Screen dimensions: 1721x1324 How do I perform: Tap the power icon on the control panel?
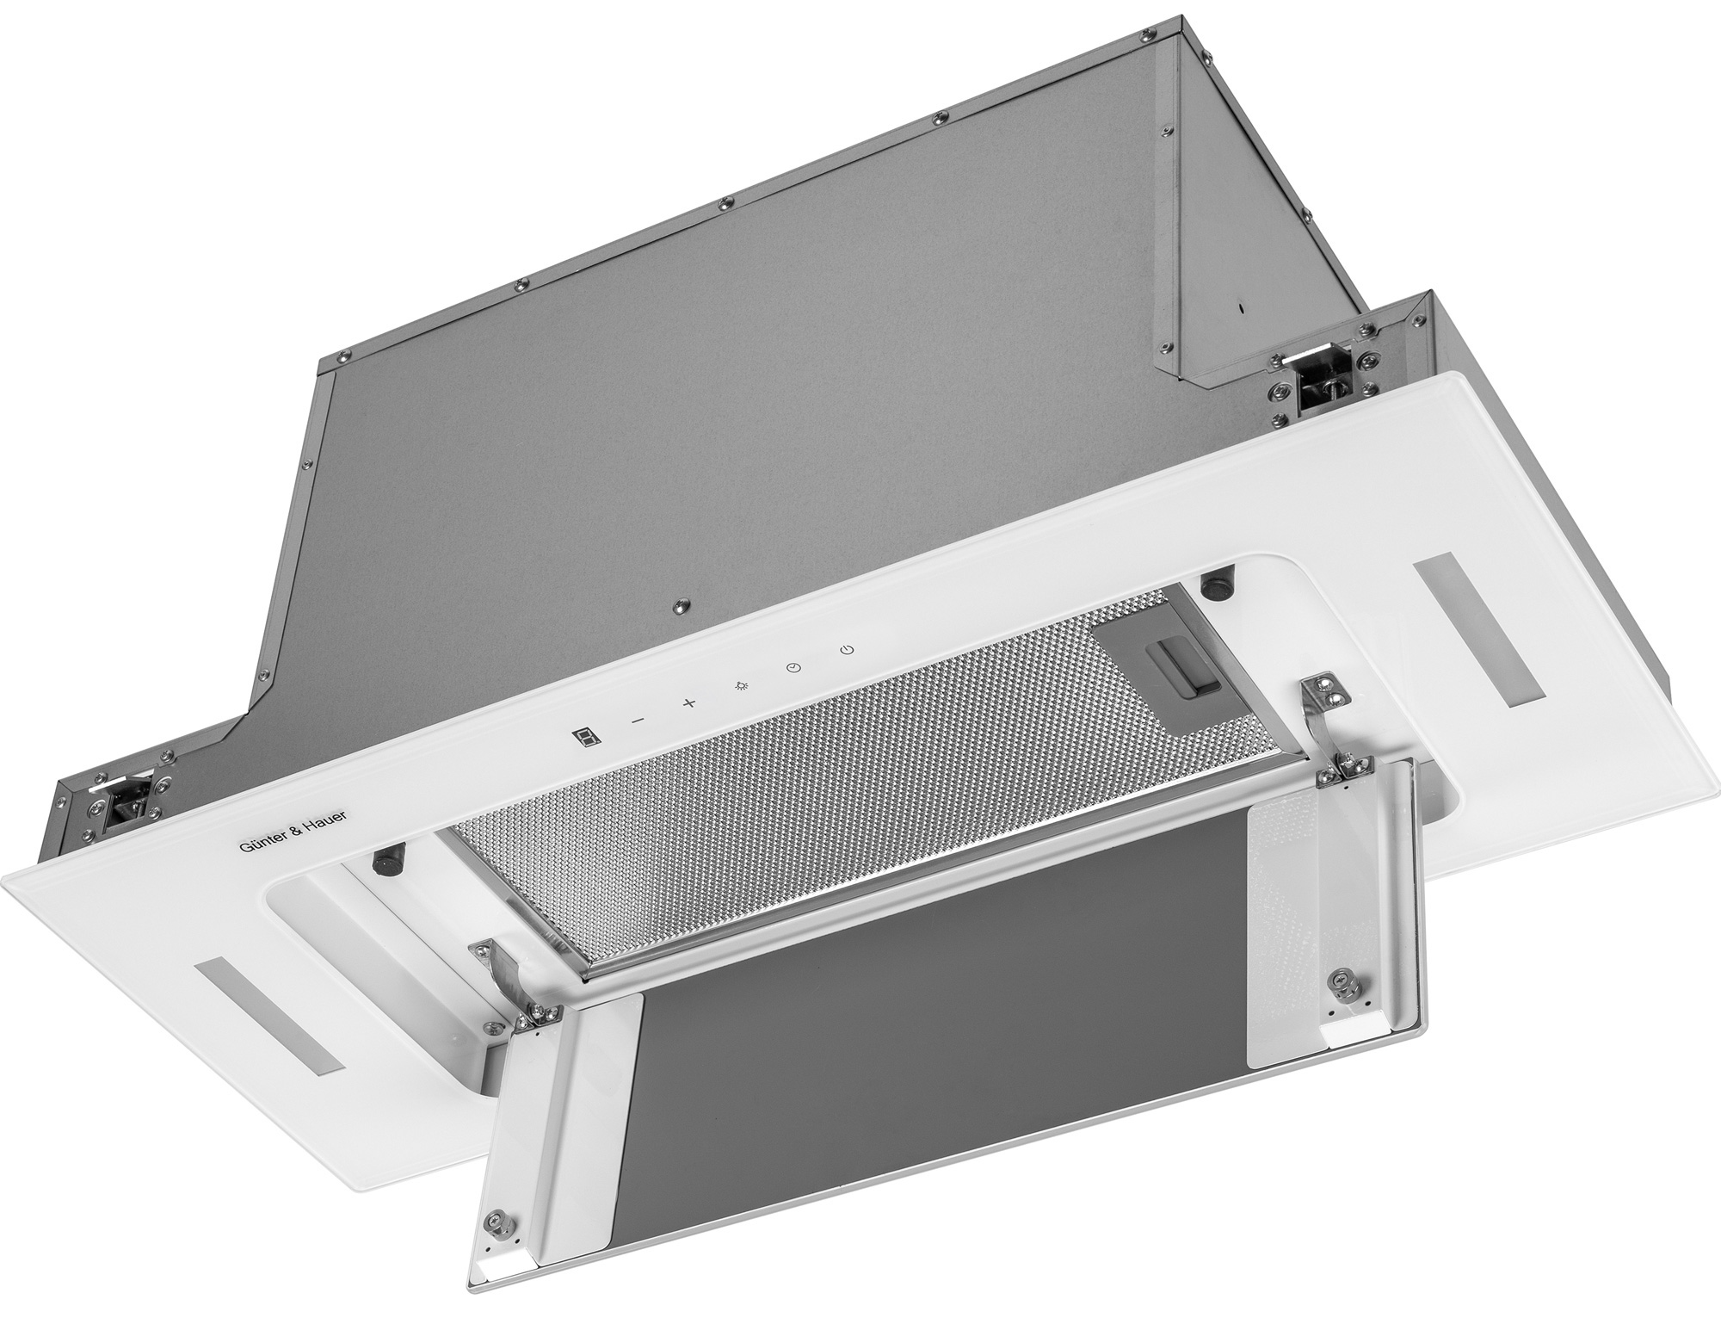[848, 647]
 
